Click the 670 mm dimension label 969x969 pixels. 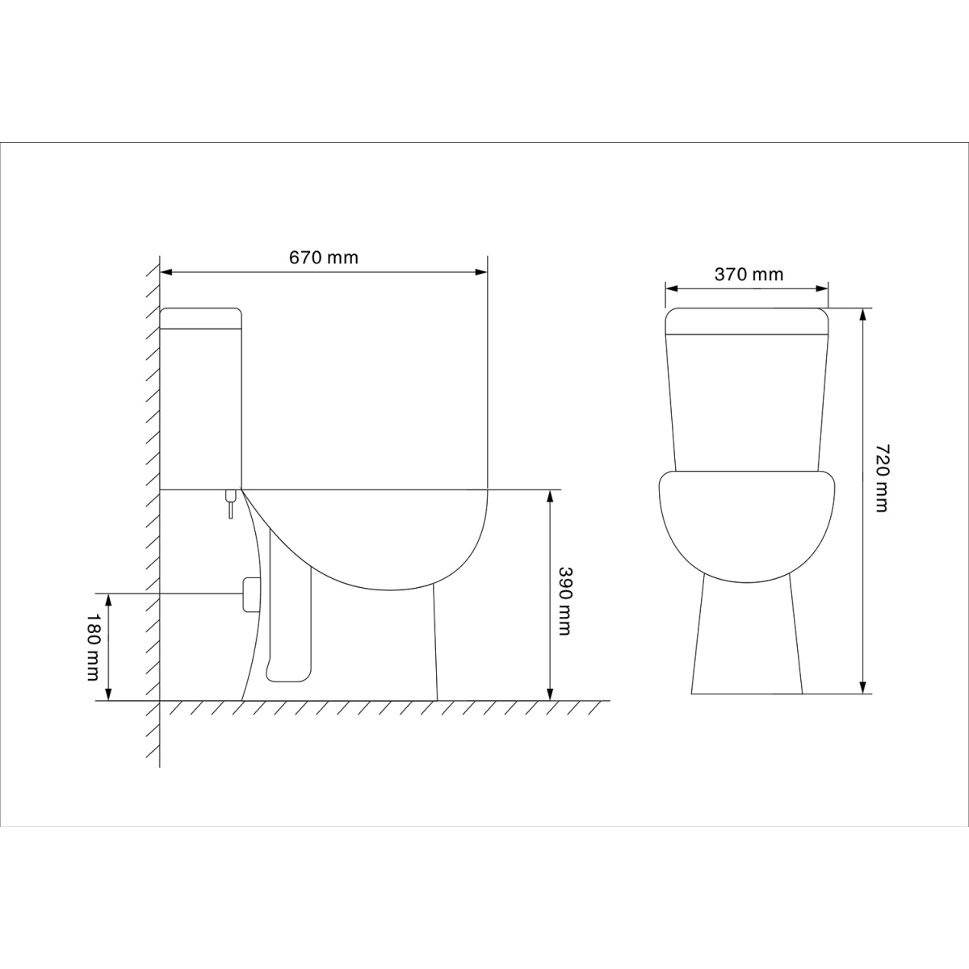click(x=323, y=258)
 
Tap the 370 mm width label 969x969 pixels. click(x=749, y=275)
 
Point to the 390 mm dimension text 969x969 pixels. click(x=565, y=602)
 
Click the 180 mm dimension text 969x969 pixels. click(x=93, y=646)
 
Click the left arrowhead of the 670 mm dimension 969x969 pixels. click(x=166, y=272)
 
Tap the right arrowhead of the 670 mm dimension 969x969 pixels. click(x=481, y=272)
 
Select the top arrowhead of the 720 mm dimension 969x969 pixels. click(x=863, y=314)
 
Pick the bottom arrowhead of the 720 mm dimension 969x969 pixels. click(x=863, y=687)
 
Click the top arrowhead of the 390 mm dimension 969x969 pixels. click(x=550, y=496)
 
